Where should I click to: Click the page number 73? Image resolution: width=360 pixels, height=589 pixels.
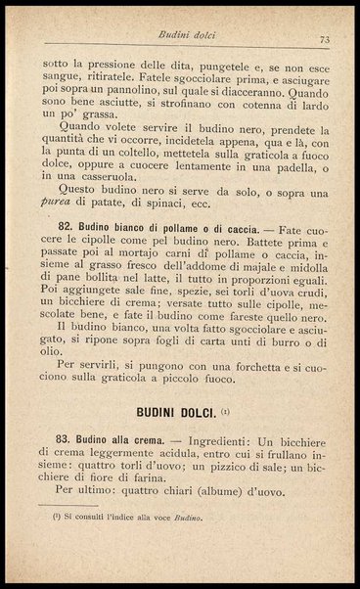click(324, 39)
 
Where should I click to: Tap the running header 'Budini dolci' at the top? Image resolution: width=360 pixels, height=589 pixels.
click(191, 34)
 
